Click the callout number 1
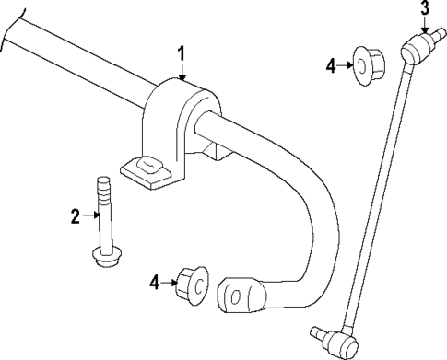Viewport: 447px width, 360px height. click(182, 54)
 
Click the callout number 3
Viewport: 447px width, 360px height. click(425, 10)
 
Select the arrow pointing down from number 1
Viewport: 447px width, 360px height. click(182, 72)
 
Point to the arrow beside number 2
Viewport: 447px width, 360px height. click(92, 216)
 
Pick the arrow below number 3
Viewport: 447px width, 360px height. click(425, 28)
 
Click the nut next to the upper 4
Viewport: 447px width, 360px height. click(368, 64)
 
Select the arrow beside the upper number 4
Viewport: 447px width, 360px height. click(347, 64)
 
